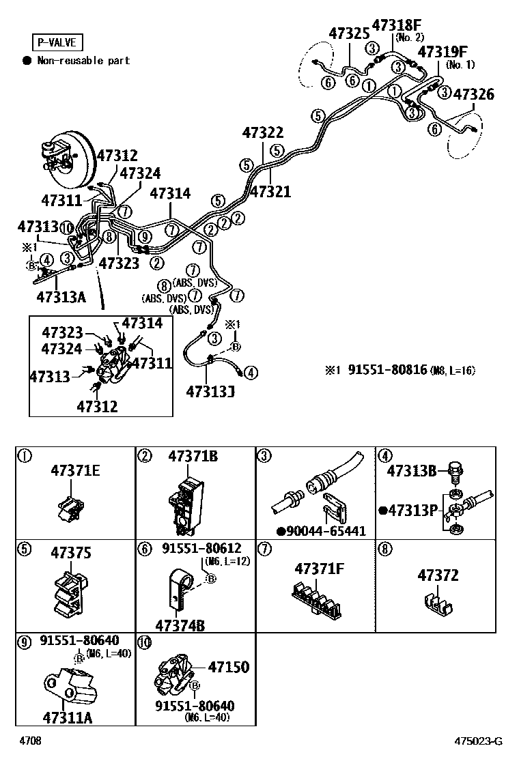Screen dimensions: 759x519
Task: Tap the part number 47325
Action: click(x=349, y=33)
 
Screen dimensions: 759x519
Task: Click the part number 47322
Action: click(x=262, y=132)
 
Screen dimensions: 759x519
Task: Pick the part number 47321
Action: click(x=270, y=192)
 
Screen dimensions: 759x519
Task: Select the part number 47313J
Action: click(x=210, y=391)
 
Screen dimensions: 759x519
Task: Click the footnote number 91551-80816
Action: click(x=387, y=371)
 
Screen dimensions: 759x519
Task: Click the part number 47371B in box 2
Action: click(x=193, y=457)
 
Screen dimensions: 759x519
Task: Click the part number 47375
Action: click(x=71, y=554)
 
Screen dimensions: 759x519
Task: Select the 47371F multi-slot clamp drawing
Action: click(x=316, y=597)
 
